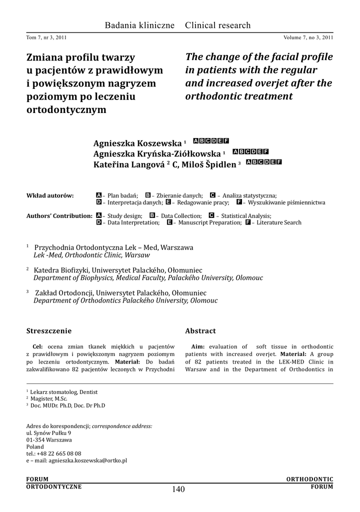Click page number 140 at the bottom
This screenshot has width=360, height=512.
(178, 489)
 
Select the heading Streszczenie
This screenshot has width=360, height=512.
(48, 331)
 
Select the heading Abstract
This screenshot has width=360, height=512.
(200, 331)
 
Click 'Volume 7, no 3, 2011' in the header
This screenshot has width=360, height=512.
(308, 37)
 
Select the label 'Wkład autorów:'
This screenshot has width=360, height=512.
(50, 195)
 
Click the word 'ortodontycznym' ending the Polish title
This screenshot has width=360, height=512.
(66, 109)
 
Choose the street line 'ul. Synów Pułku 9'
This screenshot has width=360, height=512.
(48, 432)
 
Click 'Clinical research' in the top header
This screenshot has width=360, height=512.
(218, 25)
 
